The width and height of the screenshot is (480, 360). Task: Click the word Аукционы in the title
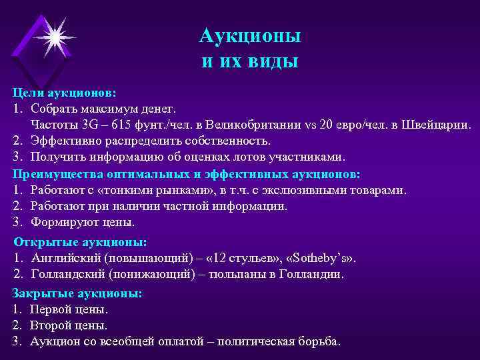[250, 35]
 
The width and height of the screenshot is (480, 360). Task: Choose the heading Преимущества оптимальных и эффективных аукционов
[186, 174]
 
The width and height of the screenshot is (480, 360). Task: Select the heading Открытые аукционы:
[80, 241]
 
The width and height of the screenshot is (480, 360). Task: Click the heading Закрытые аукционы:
[77, 293]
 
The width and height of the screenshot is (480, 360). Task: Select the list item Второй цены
[69, 325]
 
